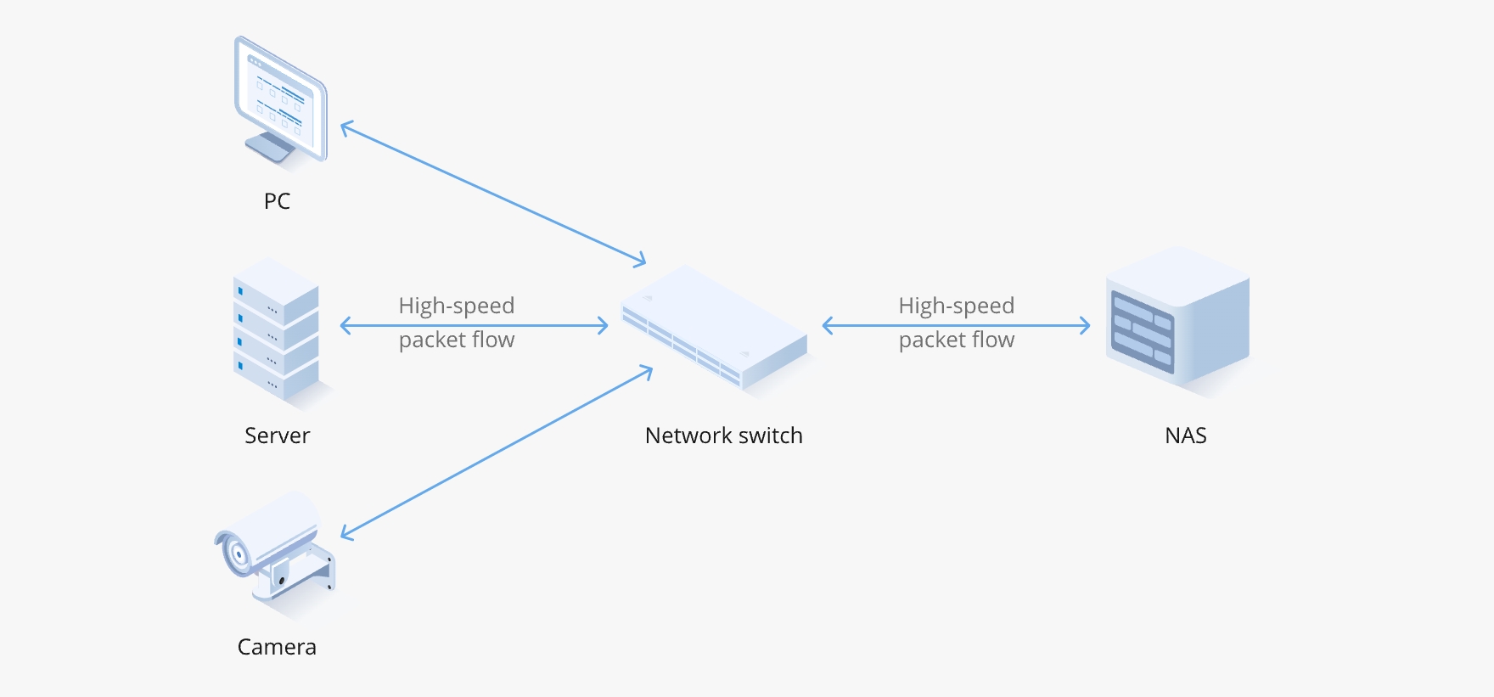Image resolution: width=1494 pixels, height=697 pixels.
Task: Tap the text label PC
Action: coord(277,201)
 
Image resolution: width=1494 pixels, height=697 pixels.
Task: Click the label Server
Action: coord(277,436)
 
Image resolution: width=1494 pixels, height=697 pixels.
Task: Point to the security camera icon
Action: coord(276,548)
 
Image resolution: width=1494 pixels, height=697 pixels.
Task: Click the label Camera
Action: coord(277,647)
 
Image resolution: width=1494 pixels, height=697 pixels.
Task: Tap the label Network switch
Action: coord(723,436)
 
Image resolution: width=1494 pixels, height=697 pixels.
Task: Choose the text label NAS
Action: coord(1185,436)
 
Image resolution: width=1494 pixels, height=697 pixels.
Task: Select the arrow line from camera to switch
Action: coord(497,452)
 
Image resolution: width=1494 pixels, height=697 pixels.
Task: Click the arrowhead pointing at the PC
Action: coord(344,126)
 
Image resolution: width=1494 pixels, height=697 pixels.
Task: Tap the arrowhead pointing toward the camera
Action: coord(345,534)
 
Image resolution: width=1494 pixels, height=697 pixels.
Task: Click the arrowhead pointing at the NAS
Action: coord(1087,325)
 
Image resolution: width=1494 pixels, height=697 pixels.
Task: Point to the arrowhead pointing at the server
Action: coord(343,325)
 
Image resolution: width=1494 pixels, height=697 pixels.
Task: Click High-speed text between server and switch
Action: coord(457,306)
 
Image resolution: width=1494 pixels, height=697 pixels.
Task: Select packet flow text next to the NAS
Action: coord(957,340)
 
